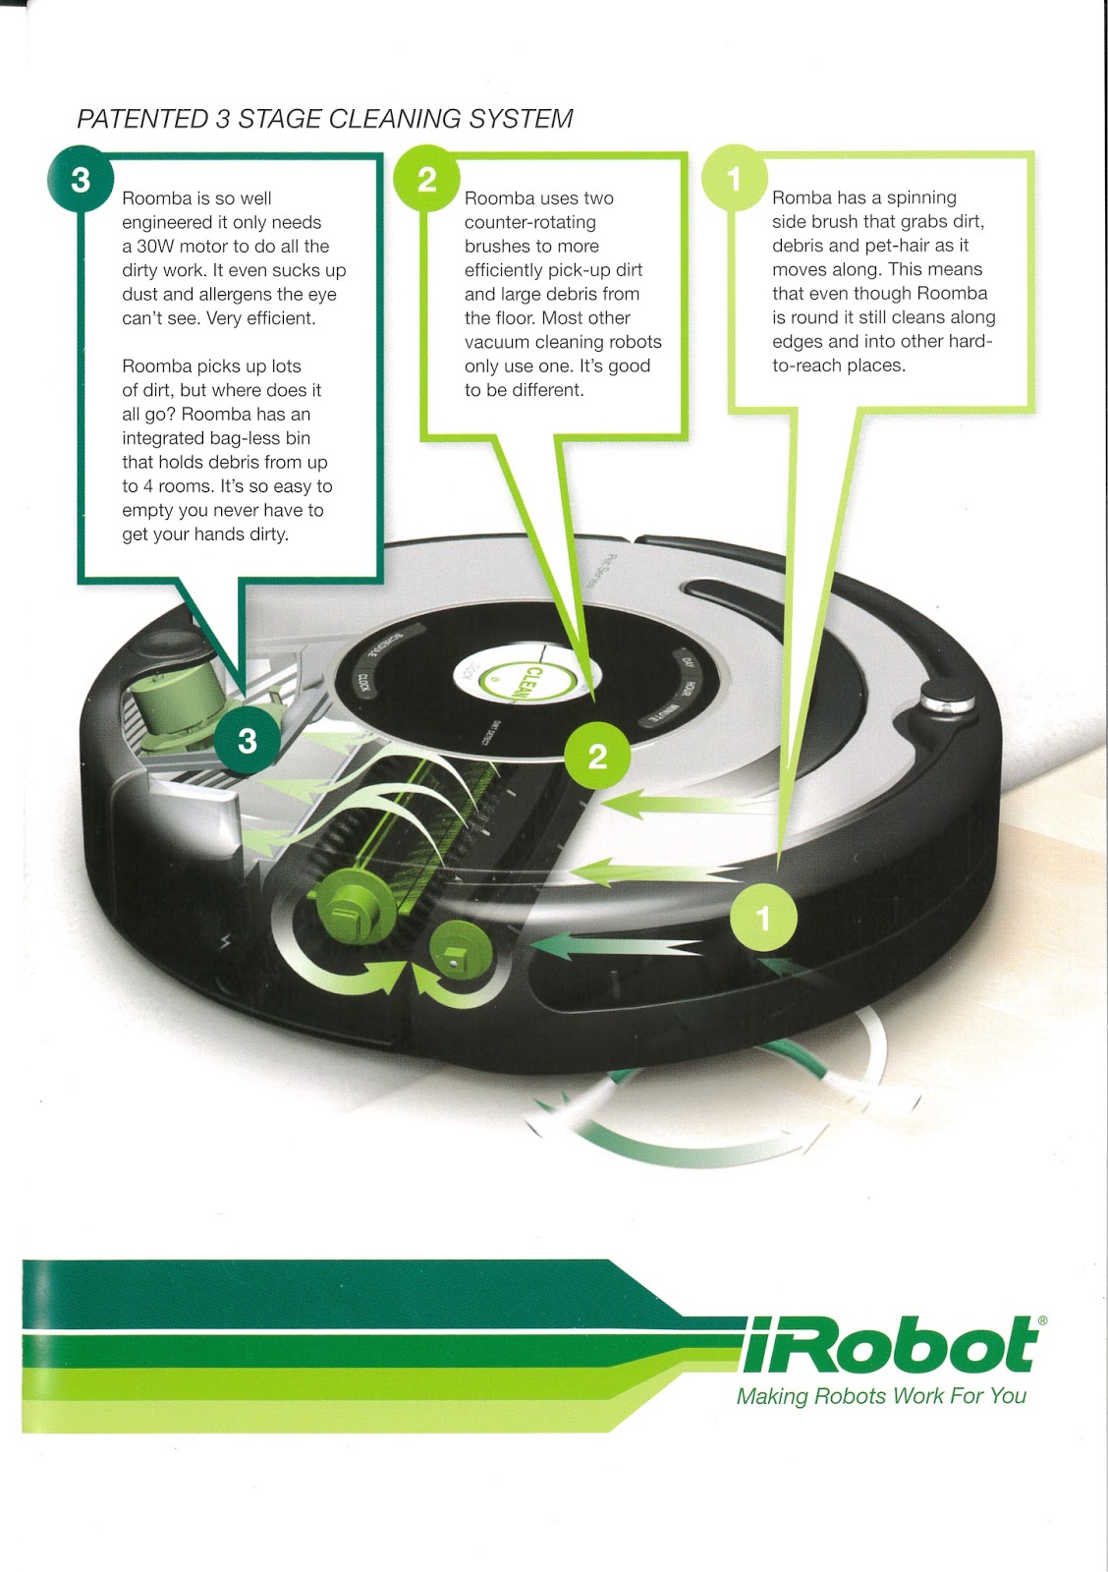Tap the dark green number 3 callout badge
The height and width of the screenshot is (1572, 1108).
(x=81, y=180)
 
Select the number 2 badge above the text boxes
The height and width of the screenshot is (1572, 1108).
(x=426, y=180)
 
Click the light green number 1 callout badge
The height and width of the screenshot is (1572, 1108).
(x=734, y=179)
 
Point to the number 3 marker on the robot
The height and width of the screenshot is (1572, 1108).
(x=247, y=740)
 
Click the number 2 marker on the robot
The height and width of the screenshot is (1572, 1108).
(x=597, y=756)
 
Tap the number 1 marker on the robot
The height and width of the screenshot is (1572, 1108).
(x=763, y=918)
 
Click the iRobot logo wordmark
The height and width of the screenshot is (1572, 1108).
(x=888, y=1345)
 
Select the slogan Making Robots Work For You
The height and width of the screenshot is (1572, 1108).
(x=881, y=1396)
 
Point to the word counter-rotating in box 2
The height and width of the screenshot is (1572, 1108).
(x=530, y=222)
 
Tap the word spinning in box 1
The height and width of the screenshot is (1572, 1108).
(x=921, y=197)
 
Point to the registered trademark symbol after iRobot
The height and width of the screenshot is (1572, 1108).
(x=1042, y=1321)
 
